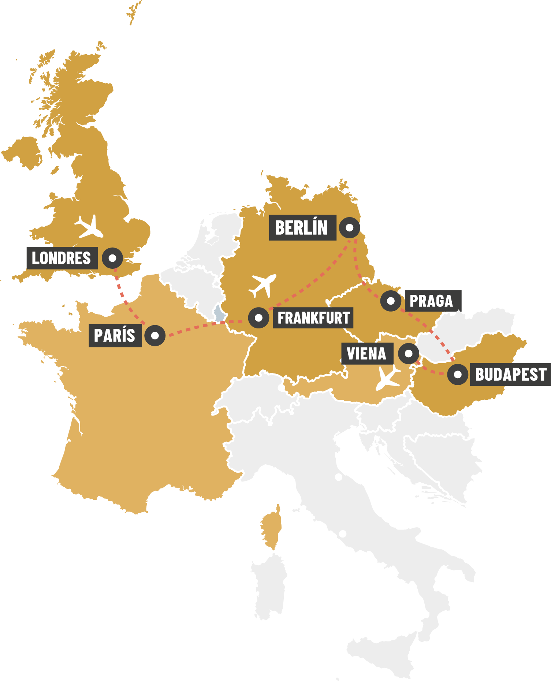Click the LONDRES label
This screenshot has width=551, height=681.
pyautogui.click(x=62, y=258)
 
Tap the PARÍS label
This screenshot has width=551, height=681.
pyautogui.click(x=115, y=335)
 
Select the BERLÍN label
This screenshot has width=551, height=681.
pyautogui.click(x=302, y=228)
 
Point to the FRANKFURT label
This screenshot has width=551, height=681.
pyautogui.click(x=313, y=318)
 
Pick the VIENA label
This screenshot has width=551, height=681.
pyautogui.click(x=367, y=354)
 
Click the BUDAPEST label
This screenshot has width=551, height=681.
pyautogui.click(x=510, y=375)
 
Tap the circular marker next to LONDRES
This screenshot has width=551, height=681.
pyautogui.click(x=112, y=258)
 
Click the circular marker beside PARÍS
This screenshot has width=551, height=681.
pyautogui.click(x=155, y=335)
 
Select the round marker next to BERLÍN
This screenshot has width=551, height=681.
pyautogui.click(x=350, y=228)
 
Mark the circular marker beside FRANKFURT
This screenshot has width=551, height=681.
pyautogui.click(x=259, y=318)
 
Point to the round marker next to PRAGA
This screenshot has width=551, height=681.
pyautogui.click(x=391, y=301)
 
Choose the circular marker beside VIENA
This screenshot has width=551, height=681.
pyautogui.click(x=408, y=354)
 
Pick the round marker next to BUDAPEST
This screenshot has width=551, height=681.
pyautogui.click(x=458, y=375)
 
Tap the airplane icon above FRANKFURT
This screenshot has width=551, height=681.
pyautogui.click(x=263, y=285)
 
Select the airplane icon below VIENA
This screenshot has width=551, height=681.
pyautogui.click(x=388, y=377)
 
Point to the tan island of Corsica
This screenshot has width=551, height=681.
pyautogui.click(x=271, y=527)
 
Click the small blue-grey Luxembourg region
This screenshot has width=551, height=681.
pyautogui.click(x=219, y=315)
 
